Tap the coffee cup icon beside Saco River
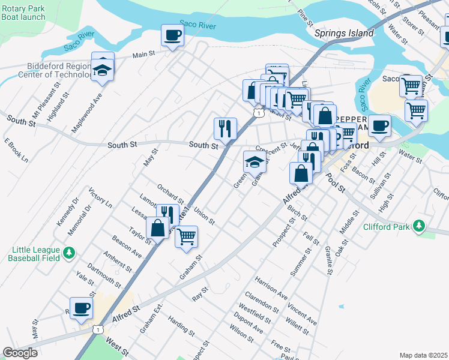172,35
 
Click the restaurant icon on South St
225,128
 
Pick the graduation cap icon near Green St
254,161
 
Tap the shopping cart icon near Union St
187,236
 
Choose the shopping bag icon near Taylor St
157,229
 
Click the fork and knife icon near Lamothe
167,213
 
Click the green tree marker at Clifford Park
419,227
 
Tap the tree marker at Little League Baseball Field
70,253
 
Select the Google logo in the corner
20,353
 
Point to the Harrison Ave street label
271,288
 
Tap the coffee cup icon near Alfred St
81,308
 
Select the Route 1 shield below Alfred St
97,329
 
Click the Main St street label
143,54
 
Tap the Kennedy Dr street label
67,213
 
